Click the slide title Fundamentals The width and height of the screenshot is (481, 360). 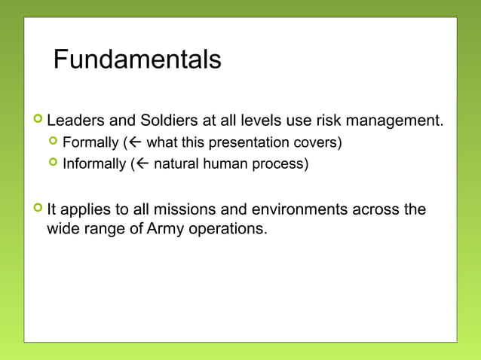(137, 59)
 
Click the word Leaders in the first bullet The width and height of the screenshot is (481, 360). (74, 121)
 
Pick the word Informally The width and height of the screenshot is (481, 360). (94, 163)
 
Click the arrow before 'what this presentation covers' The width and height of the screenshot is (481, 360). (137, 142)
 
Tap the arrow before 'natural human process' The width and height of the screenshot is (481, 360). (144, 163)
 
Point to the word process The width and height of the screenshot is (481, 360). (281, 163)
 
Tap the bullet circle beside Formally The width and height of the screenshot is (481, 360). (53, 142)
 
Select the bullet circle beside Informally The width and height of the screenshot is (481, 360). (53, 163)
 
